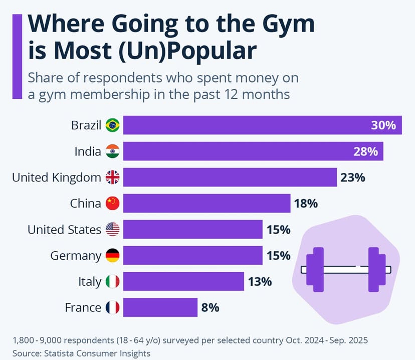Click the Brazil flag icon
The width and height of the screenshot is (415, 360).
113,125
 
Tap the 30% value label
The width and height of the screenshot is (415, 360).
383,125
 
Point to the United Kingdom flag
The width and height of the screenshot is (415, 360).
113,177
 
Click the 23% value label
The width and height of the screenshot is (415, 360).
353,177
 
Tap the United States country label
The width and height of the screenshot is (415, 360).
64,230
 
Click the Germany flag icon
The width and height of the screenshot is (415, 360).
113,256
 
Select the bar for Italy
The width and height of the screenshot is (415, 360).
183,282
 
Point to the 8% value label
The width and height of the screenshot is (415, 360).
210,308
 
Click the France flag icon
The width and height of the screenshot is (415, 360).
113,308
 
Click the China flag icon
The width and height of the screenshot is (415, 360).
113,203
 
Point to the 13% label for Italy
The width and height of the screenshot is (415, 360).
259,282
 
